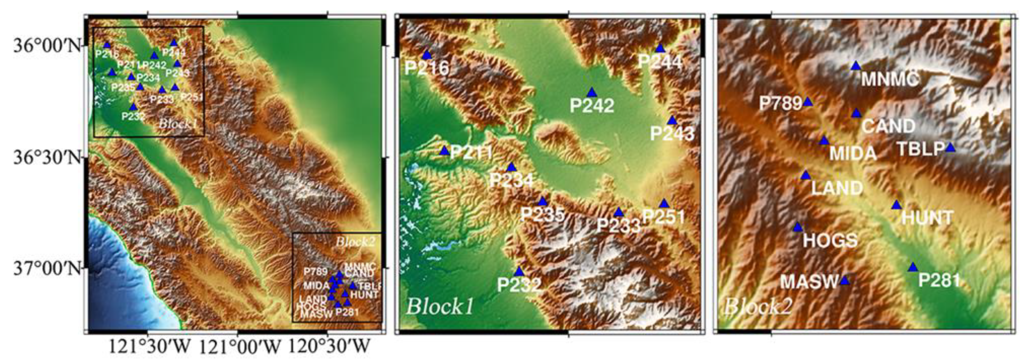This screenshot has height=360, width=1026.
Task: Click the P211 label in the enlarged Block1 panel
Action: click(472, 153)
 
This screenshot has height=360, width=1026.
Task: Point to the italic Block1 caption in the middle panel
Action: click(440, 307)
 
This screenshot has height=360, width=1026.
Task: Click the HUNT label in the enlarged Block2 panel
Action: click(927, 218)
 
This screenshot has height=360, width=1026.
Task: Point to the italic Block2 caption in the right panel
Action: click(757, 307)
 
